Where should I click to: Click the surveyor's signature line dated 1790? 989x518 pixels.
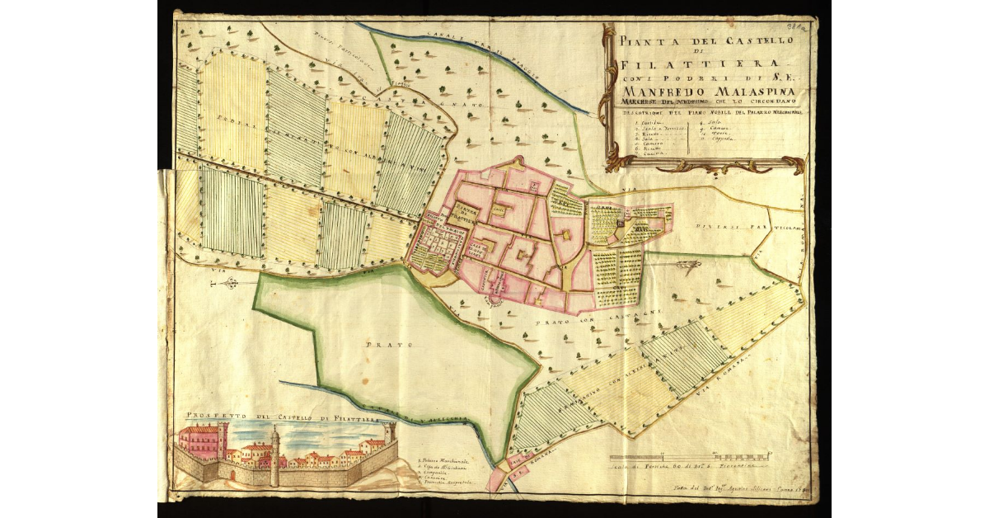click(725, 490)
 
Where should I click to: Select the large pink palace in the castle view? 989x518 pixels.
click(200, 443)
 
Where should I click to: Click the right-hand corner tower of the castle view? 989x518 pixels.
click(389, 437)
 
